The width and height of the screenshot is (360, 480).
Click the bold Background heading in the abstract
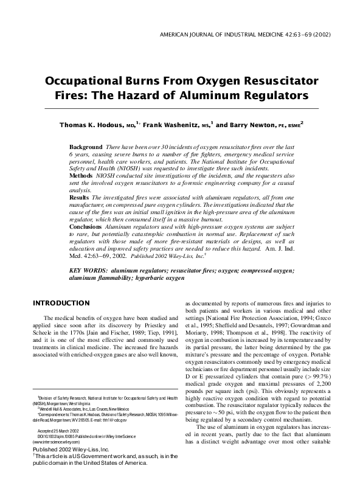point(86,148)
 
